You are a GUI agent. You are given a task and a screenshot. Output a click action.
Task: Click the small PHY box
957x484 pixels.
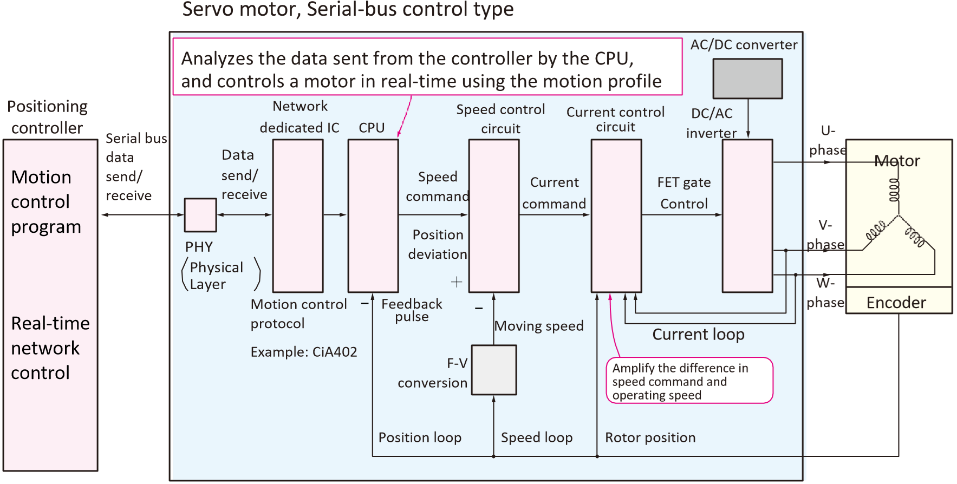click(200, 215)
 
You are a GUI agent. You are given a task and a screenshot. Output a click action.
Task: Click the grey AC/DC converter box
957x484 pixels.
click(747, 79)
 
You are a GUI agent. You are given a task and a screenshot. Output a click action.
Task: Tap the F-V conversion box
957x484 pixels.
click(494, 370)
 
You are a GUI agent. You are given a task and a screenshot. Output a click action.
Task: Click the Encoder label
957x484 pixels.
click(896, 303)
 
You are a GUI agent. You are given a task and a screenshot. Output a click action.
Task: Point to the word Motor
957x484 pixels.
click(897, 161)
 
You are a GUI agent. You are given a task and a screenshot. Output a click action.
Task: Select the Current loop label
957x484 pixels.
click(698, 335)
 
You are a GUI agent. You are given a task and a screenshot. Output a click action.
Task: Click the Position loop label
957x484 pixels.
click(420, 437)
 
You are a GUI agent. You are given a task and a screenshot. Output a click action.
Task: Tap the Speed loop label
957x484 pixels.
click(537, 437)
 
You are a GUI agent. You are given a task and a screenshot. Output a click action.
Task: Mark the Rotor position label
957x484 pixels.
click(650, 437)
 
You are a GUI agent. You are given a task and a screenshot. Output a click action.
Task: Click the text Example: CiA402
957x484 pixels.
click(304, 352)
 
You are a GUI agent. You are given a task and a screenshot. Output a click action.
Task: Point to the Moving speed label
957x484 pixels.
click(539, 326)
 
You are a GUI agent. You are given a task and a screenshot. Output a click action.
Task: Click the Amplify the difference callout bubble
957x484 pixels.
click(689, 381)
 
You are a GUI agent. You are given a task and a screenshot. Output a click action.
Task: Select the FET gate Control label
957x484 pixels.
click(684, 193)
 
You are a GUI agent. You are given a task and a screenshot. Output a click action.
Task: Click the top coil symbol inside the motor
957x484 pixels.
click(894, 190)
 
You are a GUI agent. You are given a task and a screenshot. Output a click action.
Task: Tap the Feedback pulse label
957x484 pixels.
click(412, 310)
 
